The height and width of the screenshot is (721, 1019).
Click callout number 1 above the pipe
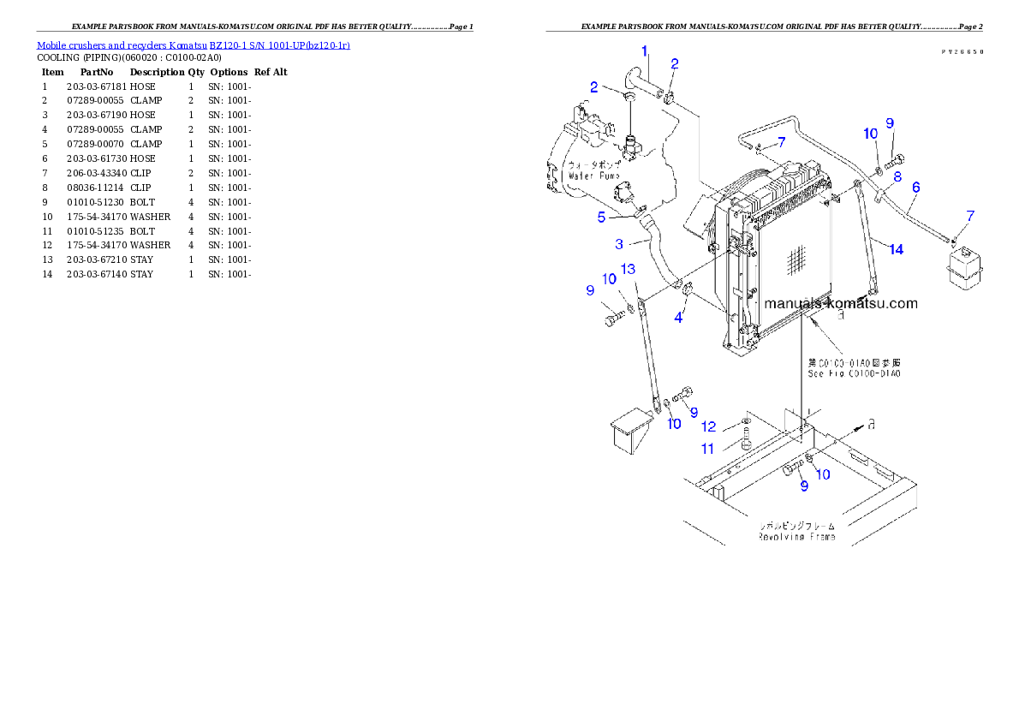coord(645,51)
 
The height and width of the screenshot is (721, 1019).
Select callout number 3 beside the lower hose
coord(619,244)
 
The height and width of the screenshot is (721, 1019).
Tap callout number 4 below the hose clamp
coord(678,318)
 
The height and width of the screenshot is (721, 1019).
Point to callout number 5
coord(602,217)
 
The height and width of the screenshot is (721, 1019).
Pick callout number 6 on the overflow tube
coord(915,186)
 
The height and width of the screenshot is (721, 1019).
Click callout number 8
coord(897,176)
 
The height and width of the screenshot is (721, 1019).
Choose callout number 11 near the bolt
coord(708,448)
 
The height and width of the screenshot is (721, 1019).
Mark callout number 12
coord(708,426)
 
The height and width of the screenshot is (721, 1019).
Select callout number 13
coord(628,269)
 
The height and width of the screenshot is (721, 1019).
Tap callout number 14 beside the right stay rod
coord(896,249)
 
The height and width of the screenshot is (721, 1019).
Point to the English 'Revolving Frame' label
coord(796,537)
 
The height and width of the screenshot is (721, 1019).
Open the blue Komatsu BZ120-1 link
coord(193,45)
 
